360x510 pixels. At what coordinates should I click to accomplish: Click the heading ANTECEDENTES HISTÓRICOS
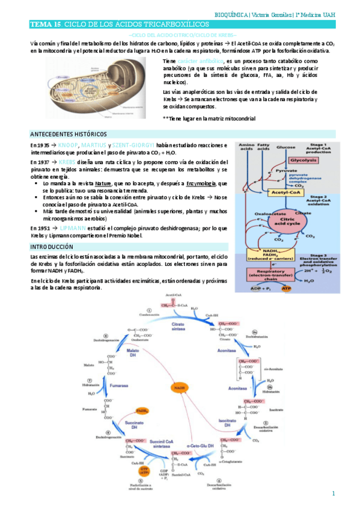click(x=69, y=134)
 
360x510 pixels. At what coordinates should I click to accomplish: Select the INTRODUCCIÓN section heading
click(x=52, y=247)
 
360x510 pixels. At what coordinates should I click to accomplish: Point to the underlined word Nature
click(x=103, y=183)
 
